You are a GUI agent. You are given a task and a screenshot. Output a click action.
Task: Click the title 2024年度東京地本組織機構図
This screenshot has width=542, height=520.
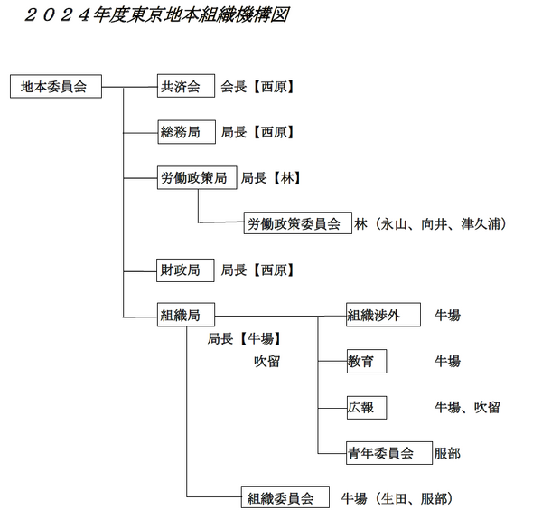click(x=156, y=15)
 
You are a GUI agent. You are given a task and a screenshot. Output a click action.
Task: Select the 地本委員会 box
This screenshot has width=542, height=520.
click(x=56, y=86)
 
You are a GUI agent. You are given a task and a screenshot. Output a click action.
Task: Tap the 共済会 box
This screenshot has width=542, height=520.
click(x=186, y=86)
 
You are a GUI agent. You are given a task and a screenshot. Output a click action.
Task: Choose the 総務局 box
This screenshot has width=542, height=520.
click(x=187, y=132)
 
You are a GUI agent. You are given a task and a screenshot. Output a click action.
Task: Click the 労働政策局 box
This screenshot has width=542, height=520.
click(x=197, y=177)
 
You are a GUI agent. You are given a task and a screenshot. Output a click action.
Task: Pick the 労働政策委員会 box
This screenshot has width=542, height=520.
click(x=298, y=223)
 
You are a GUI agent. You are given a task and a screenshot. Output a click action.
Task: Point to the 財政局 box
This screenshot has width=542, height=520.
click(x=185, y=270)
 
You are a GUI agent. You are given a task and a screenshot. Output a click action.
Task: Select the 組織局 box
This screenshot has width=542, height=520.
click(x=186, y=315)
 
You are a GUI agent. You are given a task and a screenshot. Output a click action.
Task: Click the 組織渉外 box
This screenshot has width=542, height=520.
click(x=383, y=315)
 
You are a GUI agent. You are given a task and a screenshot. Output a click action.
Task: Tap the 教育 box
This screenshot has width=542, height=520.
click(x=367, y=361)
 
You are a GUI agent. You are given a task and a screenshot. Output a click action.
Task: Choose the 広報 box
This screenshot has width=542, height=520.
click(x=367, y=408)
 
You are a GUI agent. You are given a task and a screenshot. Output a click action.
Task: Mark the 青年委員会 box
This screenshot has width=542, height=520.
click(x=389, y=453)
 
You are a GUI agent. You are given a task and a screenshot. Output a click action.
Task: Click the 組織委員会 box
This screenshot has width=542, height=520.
click(x=285, y=497)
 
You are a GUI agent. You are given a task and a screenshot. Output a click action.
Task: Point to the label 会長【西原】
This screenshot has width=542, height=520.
click(x=257, y=87)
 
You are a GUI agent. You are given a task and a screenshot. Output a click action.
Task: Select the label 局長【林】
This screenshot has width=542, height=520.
click(x=271, y=178)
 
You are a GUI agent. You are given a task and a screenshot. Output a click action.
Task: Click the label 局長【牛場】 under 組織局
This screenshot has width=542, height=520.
click(x=244, y=339)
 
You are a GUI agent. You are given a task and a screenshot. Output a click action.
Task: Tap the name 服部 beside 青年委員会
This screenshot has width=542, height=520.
click(x=447, y=453)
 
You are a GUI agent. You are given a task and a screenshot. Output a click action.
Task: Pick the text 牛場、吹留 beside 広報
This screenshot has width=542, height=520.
click(x=467, y=408)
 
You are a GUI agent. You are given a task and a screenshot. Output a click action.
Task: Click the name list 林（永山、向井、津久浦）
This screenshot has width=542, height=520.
click(x=430, y=224)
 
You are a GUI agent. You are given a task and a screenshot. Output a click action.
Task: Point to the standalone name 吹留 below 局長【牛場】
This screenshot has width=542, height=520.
click(x=266, y=362)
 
